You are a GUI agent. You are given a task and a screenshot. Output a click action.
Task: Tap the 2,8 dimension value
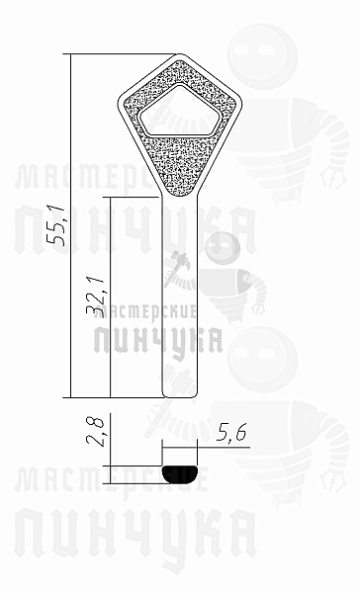pyautogui.click(x=94, y=432)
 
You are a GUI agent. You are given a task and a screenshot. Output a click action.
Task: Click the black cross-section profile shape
pyautogui.click(x=180, y=474)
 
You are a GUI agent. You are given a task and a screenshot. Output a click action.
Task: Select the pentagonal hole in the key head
pyautogui.click(x=179, y=111)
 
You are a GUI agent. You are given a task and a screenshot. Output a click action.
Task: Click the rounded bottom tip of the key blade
pyautogui.click(x=180, y=394)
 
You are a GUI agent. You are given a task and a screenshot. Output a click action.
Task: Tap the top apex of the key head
pyautogui.click(x=180, y=54)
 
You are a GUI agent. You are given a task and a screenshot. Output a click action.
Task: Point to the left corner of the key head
pyautogui.click(x=119, y=103)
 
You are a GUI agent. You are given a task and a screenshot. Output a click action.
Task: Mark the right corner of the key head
pyautogui.click(x=240, y=103)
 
